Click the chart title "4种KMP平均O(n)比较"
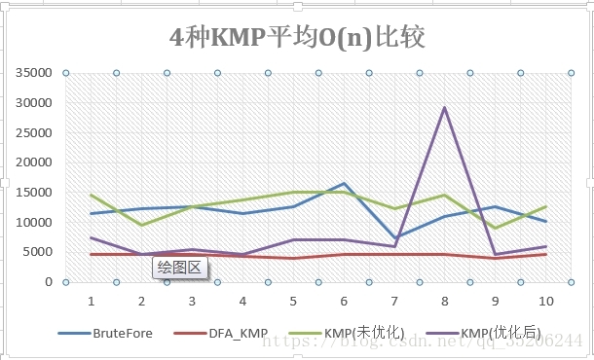[x=297, y=38]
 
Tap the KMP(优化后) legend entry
[x=499, y=332]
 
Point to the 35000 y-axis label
[x=33, y=73]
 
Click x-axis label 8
[x=445, y=301]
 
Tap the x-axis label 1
[x=91, y=301]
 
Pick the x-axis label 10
[x=546, y=301]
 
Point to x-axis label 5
[x=293, y=301]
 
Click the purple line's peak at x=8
[x=445, y=108]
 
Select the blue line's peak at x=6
[x=344, y=184]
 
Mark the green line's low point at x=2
[x=141, y=225]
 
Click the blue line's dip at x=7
[x=394, y=238]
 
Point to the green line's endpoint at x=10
[x=546, y=206]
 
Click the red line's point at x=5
[x=293, y=258]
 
